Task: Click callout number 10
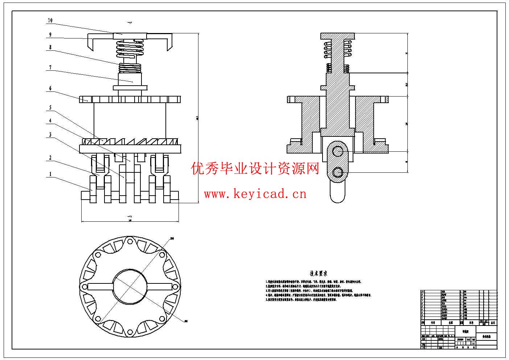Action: tap(50, 21)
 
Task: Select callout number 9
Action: tap(50, 35)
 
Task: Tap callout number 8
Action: tap(50, 47)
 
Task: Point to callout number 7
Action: tap(50, 67)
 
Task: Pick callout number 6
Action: tap(50, 88)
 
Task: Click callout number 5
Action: tap(50, 108)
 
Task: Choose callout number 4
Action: tap(50, 121)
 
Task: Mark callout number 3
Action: tap(50, 135)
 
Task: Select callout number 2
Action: tap(50, 158)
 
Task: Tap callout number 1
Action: tap(50, 175)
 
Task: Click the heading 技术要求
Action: tap(319, 273)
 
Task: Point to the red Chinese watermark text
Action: tap(255, 169)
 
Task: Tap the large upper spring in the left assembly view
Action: tap(130, 49)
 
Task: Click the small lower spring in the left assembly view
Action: tap(130, 67)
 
